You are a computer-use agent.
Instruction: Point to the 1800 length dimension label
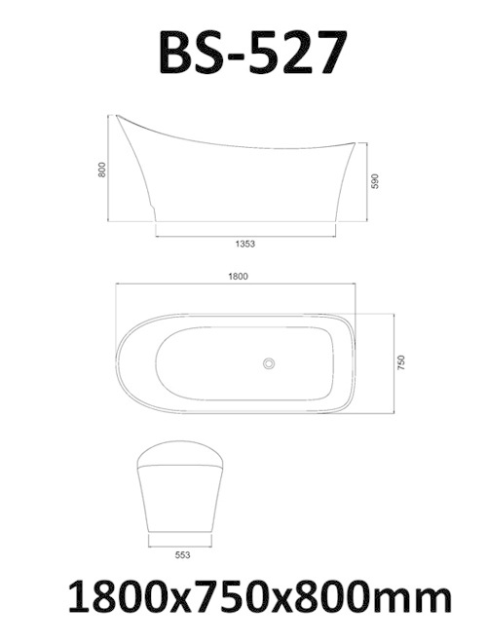coord(239,277)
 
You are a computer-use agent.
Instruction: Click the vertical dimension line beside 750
coord(393,362)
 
